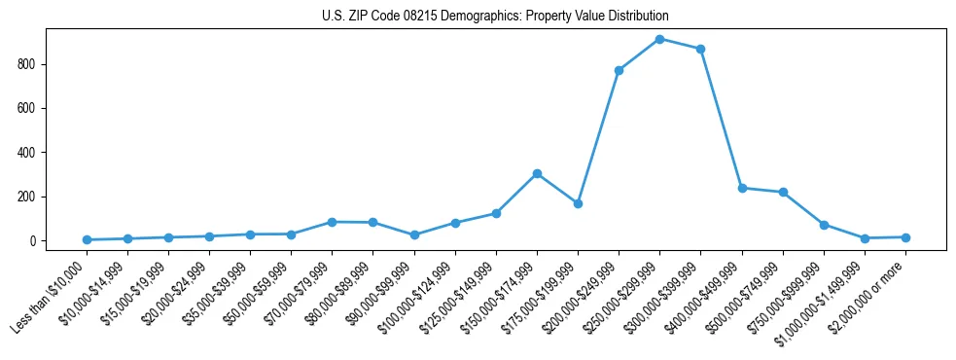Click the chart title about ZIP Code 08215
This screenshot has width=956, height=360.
(495, 17)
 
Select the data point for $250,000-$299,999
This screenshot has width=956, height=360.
(659, 39)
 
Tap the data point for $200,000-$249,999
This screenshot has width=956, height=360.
(619, 70)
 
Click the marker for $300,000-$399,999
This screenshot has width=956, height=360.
(700, 49)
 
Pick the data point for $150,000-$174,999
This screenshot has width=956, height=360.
(537, 173)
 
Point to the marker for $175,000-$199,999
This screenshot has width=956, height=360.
(578, 203)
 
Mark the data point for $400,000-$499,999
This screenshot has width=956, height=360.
(742, 188)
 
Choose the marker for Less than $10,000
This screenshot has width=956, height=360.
(87, 239)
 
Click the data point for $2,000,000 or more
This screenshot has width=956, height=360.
(905, 237)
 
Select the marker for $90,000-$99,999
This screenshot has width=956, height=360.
(414, 234)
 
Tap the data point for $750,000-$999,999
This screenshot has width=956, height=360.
(824, 225)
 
